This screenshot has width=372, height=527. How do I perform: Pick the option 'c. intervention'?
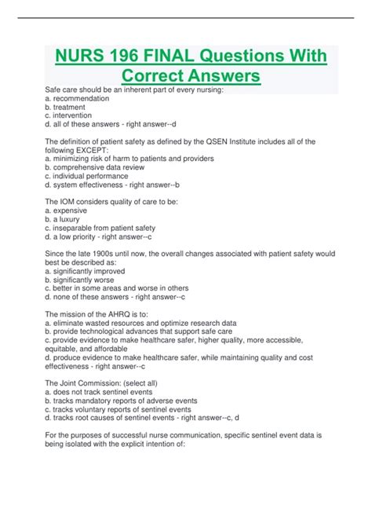point(68,115)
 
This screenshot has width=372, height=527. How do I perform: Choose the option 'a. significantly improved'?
point(86,271)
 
